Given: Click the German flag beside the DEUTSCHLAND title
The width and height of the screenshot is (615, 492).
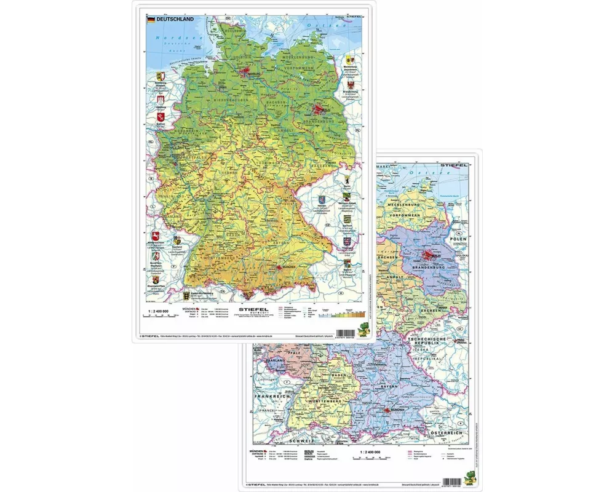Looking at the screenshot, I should pyautogui.click(x=150, y=20).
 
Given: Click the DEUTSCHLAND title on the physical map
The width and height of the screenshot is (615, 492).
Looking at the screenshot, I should pyautogui.click(x=175, y=20).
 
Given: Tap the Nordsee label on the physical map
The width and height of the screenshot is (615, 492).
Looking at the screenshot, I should pyautogui.click(x=170, y=38).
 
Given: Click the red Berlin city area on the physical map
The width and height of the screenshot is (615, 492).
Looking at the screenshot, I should pyautogui.click(x=319, y=110).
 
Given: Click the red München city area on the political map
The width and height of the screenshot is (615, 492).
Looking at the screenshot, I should pyautogui.click(x=387, y=411).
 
